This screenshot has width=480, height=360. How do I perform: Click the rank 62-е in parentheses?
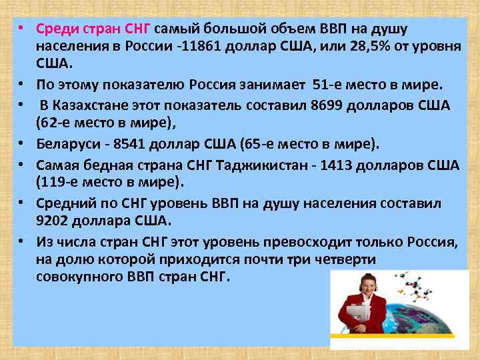(58, 124)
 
